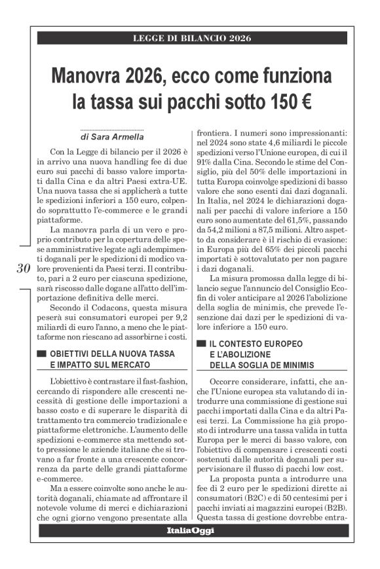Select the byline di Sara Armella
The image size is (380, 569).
[111, 138]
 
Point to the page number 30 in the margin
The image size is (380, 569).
[22, 268]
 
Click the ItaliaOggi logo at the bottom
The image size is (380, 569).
[191, 529]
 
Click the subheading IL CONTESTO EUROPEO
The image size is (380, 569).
[256, 342]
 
